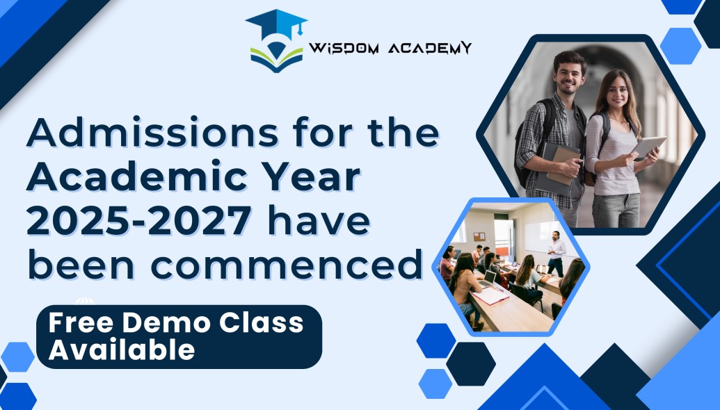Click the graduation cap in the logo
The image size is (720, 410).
276,24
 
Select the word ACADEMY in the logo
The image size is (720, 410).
430,48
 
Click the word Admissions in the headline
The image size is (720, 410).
152,133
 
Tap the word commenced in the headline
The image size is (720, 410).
286,265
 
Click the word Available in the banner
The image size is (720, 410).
122,350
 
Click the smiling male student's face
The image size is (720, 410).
569,74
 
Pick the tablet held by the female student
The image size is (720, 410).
648,147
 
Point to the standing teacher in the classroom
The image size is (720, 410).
556,253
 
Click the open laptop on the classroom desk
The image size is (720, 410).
487,279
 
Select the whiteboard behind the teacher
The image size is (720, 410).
546,236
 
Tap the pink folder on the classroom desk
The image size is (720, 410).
490,296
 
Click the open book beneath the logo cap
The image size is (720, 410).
276,58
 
